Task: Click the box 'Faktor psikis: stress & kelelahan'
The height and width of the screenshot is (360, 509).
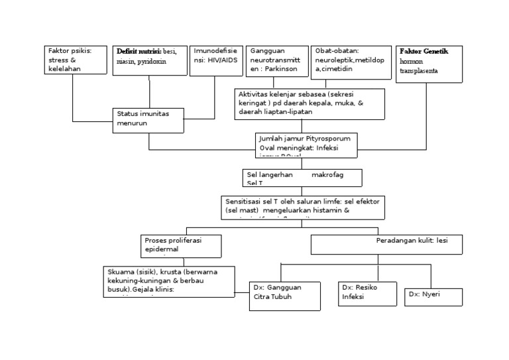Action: pyautogui.click(x=76, y=60)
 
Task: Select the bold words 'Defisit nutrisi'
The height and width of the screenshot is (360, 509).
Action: pyautogui.click(x=138, y=51)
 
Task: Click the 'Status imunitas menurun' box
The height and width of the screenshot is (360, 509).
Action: pyautogui.click(x=148, y=118)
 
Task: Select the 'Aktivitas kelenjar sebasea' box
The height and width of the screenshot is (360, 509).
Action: pyautogui.click(x=309, y=104)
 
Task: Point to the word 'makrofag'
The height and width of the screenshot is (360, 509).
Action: pyautogui.click(x=327, y=174)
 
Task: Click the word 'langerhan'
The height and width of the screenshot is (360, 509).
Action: pyautogui.click(x=273, y=174)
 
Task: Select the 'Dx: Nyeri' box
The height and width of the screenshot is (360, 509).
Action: pyautogui.click(x=433, y=294)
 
